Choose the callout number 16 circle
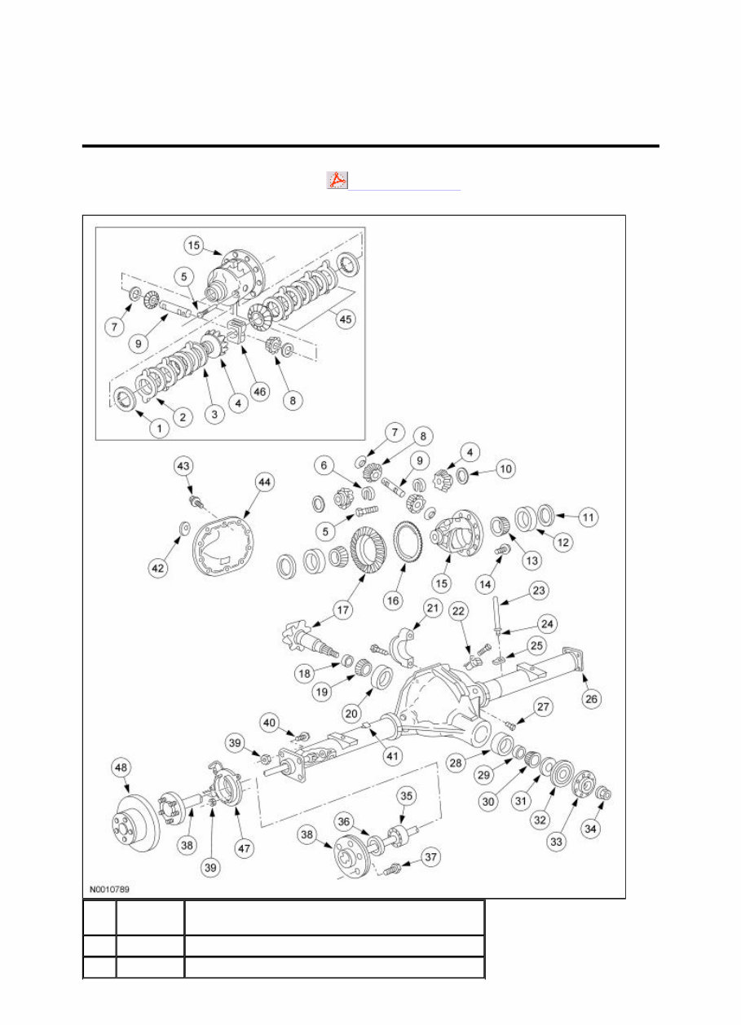tap(393, 600)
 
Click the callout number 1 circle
tap(159, 426)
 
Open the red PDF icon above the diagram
tap(337, 181)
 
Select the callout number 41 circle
tap(393, 755)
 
